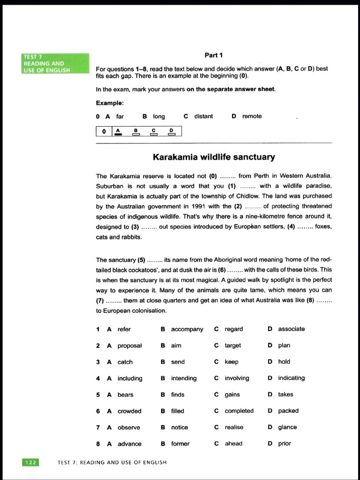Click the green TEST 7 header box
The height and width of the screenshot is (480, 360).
coord(55,63)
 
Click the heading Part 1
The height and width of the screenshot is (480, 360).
coord(213,55)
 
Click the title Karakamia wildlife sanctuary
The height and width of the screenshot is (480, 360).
coord(214,157)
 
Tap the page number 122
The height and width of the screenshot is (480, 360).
coord(30,462)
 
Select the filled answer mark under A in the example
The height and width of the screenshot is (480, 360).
coord(118,134)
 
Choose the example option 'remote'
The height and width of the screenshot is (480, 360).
coord(252,116)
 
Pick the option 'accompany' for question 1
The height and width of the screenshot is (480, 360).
coord(187,329)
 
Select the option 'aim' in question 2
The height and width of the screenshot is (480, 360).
coord(176,345)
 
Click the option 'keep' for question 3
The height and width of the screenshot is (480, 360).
coord(232,362)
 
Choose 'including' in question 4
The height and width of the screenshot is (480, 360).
coord(130,378)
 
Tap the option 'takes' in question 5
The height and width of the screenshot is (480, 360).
coord(285,395)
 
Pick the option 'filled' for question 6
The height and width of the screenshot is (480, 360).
coord(178,411)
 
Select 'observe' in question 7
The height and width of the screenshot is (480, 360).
coord(128,427)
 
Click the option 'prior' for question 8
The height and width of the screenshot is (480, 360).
coord(285,444)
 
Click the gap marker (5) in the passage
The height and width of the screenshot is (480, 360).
coord(141,260)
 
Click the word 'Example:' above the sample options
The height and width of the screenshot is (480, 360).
coord(110,103)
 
